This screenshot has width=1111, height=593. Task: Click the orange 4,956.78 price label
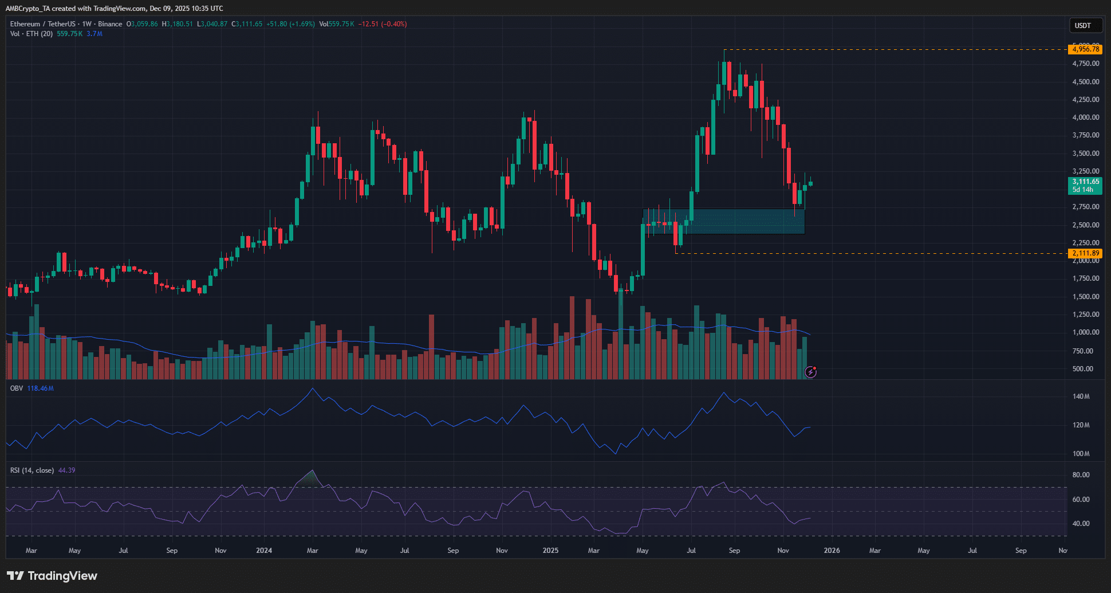click(x=1085, y=49)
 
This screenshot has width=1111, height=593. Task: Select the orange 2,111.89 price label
click(x=1085, y=253)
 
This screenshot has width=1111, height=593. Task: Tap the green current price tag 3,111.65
click(x=1085, y=182)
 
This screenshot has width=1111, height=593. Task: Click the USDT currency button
click(x=1082, y=25)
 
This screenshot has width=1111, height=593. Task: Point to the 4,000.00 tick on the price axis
click(x=1085, y=117)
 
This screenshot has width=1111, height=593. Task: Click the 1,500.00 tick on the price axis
click(x=1085, y=297)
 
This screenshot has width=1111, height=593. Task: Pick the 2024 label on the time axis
click(x=264, y=551)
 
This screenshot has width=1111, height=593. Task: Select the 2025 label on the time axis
click(x=550, y=551)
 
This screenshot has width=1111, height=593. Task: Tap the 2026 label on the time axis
click(x=832, y=551)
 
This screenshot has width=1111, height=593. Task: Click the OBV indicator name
click(x=17, y=388)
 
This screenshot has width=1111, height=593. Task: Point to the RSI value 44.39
click(x=67, y=470)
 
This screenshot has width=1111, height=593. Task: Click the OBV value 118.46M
click(x=41, y=388)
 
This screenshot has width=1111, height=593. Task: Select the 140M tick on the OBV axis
click(x=1081, y=396)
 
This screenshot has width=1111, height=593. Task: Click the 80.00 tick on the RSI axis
click(x=1081, y=475)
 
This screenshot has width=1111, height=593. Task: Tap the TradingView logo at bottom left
click(x=52, y=576)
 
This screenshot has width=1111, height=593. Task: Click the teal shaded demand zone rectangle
click(x=744, y=221)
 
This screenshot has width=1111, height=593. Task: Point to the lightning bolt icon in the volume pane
click(x=810, y=372)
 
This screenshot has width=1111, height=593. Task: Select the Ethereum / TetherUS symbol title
click(x=42, y=24)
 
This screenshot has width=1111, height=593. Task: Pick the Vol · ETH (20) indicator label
click(x=31, y=34)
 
